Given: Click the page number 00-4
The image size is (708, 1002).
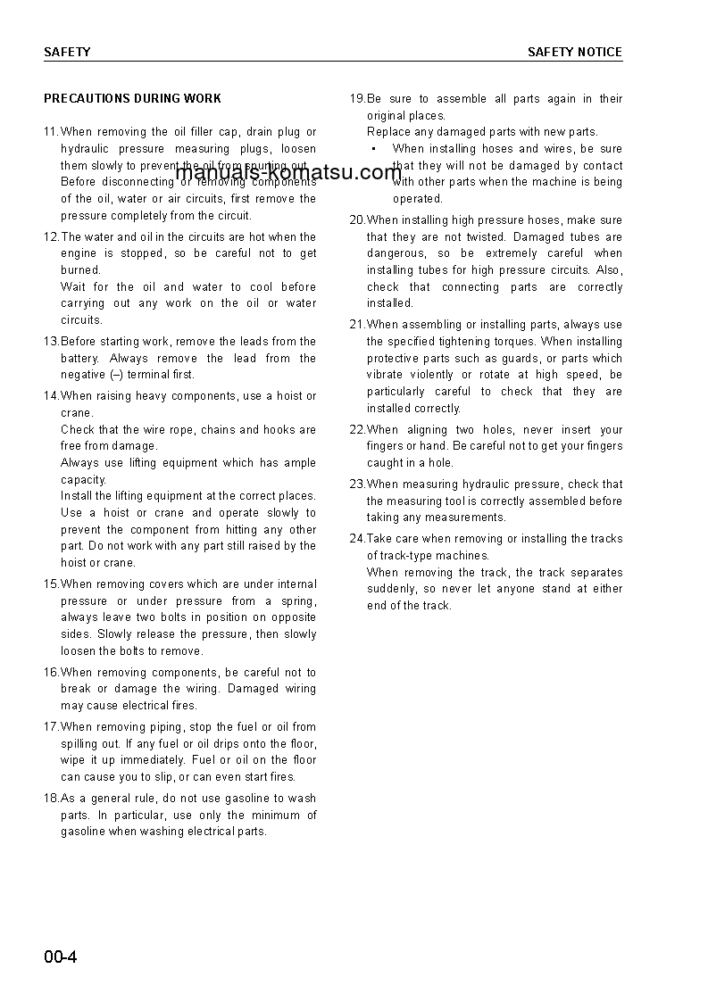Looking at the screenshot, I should pos(61,958).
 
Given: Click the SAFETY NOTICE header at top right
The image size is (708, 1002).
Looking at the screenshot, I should pos(574,53).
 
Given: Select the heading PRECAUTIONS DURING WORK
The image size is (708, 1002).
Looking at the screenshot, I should pos(132,98).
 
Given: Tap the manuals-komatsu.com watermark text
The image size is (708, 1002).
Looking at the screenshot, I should pos(289,172).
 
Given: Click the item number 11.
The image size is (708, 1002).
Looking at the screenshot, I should pos(51,132).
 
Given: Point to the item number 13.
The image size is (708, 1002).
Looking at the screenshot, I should pos(51,342).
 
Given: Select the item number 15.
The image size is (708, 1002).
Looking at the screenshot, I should pos(51,584).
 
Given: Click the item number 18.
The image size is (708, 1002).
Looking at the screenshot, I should pos(51,799).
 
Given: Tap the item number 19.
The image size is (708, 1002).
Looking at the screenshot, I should pos(357,99).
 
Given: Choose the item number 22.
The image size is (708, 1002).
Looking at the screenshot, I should pos(357,430).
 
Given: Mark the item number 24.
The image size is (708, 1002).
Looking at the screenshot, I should pos(357,539).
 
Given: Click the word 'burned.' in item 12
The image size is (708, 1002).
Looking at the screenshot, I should pos(81,270).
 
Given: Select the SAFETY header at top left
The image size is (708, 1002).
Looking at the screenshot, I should pos(67,53).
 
